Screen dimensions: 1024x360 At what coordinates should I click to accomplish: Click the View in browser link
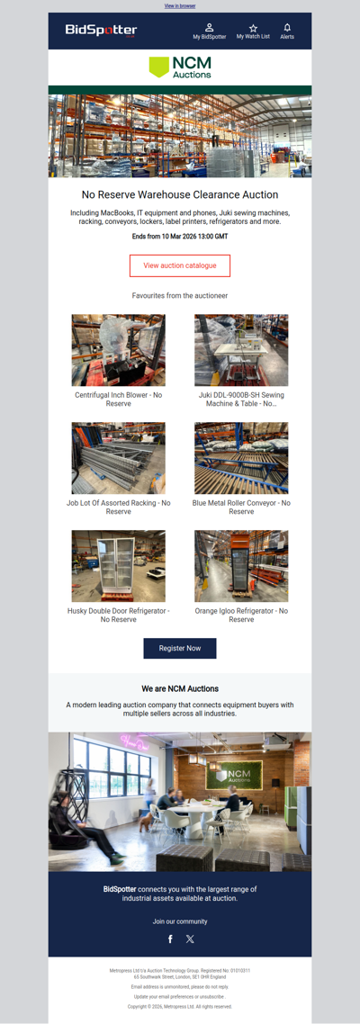point(180,5)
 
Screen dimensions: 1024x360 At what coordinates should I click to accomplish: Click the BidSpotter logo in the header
point(101,31)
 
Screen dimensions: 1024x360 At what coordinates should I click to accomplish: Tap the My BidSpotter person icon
point(209,28)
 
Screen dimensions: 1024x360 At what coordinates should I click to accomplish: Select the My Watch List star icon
point(253,28)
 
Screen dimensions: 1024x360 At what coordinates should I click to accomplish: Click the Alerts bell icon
point(287,28)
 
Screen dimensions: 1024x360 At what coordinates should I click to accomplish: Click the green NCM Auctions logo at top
point(180,67)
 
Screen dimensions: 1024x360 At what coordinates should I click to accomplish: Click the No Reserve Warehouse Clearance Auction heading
point(180,194)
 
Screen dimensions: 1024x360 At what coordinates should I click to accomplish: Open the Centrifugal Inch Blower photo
point(119,350)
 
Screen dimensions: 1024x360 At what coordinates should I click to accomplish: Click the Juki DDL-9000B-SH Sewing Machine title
point(241,399)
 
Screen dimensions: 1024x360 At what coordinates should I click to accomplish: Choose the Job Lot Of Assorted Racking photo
point(119,458)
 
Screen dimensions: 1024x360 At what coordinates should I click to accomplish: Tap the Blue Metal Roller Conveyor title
point(241,507)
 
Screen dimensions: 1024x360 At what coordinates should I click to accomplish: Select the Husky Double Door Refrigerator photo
point(119,566)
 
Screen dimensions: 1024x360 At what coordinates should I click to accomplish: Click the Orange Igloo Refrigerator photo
point(241,566)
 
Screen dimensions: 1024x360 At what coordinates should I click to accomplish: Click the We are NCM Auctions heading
point(180,688)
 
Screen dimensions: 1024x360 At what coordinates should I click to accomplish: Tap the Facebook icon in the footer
point(170,939)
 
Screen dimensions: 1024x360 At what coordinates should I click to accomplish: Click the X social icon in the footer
point(190,939)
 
